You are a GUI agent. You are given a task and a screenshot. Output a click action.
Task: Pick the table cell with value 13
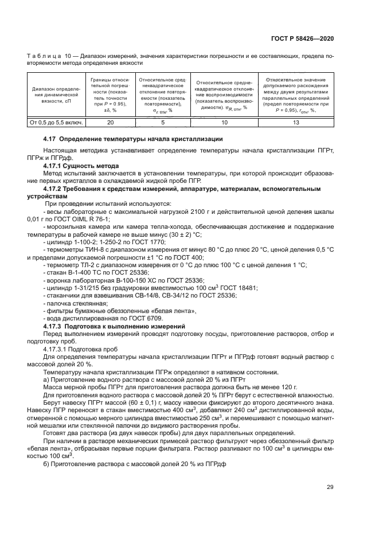pyautogui.click(x=295, y=123)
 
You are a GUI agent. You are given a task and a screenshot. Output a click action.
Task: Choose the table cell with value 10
pyautogui.click(x=224, y=123)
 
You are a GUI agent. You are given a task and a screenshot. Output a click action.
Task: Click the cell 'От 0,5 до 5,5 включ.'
pyautogui.click(x=56, y=123)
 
